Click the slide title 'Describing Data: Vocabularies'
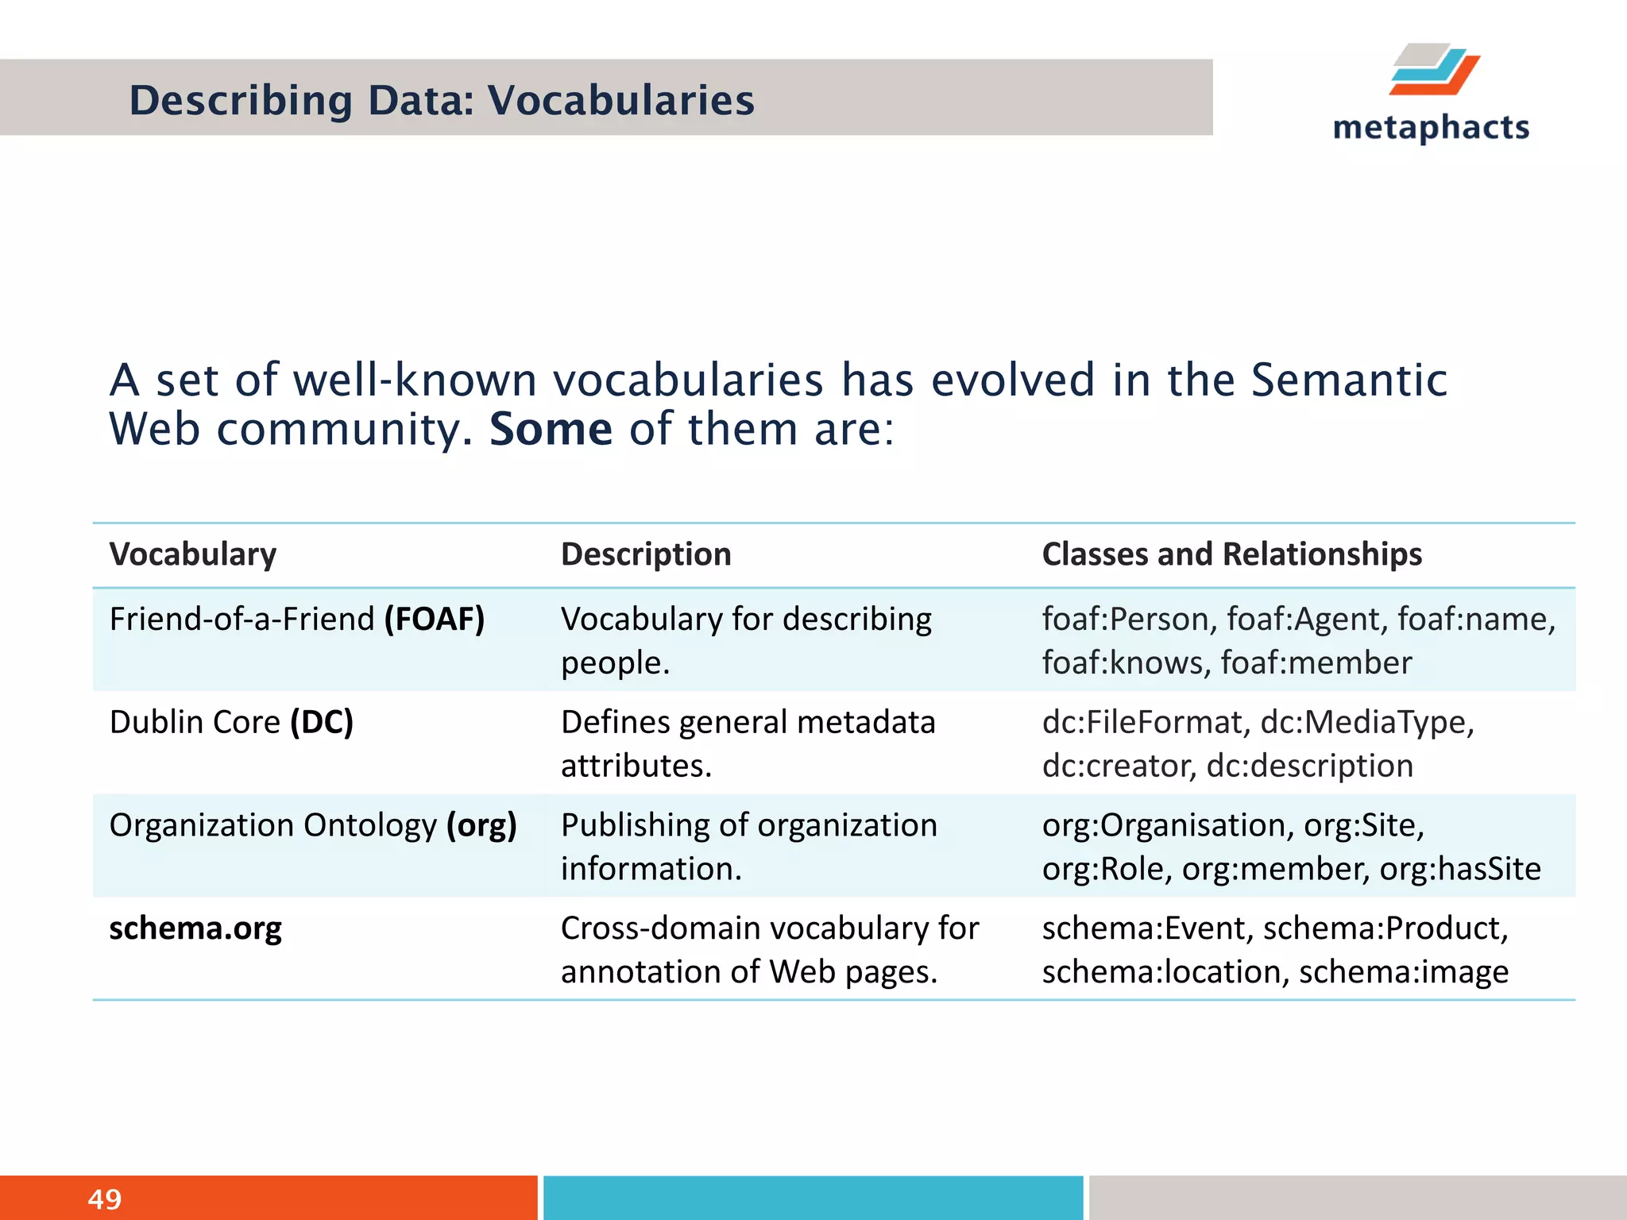442,101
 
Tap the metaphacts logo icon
1435,70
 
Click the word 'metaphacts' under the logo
1431,128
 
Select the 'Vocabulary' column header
193,554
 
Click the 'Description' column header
646,554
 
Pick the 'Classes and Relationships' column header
1231,554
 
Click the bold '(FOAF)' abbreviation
435,620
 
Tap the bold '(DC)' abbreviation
322,723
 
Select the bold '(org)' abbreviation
481,826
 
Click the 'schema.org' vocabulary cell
195,929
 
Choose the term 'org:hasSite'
1460,870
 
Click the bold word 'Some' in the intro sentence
551,430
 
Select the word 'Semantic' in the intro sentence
1349,380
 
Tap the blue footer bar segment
813,1198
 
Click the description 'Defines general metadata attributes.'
747,744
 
